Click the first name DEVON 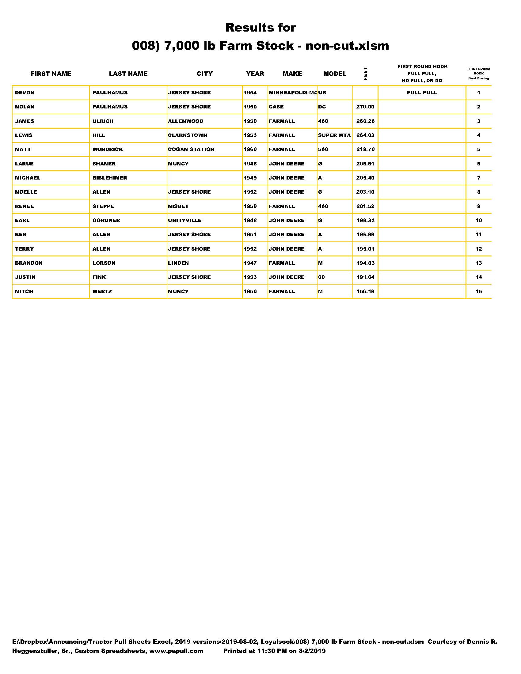pos(25,93)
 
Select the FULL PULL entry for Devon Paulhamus pos(422,93)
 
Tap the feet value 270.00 pos(365,107)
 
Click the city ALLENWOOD pos(185,121)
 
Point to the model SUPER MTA pos(334,135)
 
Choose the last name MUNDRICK pos(108,150)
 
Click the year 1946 pos(250,164)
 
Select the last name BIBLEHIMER pos(110,178)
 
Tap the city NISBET pos(178,206)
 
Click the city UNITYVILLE pos(184,220)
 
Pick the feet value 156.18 pos(365,291)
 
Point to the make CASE pos(276,107)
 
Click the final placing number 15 pos(478,291)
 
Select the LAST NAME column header pos(128,74)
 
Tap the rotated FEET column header pos(365,74)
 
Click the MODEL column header pos(335,74)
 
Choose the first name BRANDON pos(29,263)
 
